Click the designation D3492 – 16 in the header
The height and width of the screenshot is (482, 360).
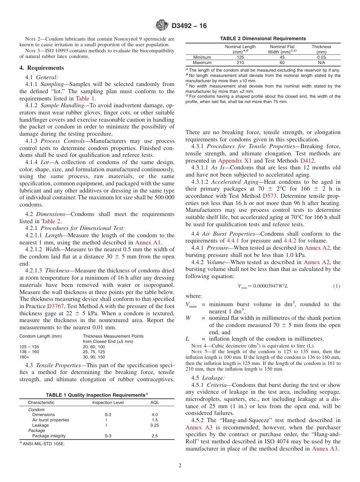189,26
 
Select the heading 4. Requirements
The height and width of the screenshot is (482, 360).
42,68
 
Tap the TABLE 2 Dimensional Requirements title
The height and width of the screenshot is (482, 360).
263,39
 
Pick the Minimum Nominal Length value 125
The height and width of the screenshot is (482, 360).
240,57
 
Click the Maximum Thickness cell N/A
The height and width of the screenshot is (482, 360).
321,63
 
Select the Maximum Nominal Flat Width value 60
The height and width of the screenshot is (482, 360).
282,63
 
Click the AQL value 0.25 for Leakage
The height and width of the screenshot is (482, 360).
154,425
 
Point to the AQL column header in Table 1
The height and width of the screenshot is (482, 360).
154,402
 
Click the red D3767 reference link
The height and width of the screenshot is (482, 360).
55,305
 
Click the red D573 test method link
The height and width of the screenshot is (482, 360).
270,196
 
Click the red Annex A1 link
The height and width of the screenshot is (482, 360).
148,243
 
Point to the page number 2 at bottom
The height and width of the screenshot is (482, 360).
180,466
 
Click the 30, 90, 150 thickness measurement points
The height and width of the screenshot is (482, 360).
94,357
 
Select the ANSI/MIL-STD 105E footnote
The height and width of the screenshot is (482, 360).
44,444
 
